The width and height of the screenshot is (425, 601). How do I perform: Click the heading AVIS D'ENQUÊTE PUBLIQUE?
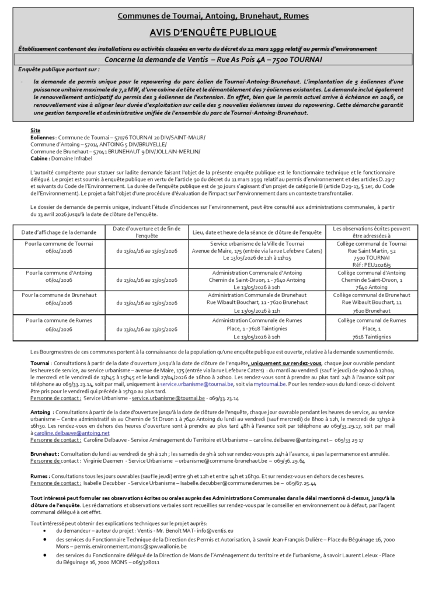coord(212,33)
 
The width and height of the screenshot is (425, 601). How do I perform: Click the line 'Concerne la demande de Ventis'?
coord(213,60)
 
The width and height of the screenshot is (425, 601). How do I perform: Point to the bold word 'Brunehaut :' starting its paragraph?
coord(44,453)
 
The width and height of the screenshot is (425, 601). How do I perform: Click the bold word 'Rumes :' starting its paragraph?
coord(40,476)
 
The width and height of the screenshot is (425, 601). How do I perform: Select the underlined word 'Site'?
coord(36,130)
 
